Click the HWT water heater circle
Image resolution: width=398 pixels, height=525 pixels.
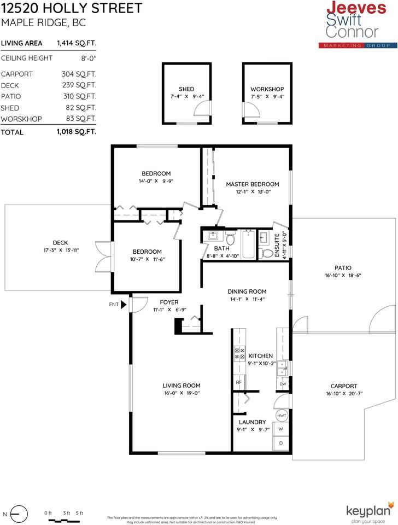click(x=282, y=416)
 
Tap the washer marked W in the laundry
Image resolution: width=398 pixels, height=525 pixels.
click(x=282, y=429)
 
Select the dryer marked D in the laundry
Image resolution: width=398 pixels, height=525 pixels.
click(x=282, y=443)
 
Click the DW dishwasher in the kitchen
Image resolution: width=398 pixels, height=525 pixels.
click(x=283, y=384)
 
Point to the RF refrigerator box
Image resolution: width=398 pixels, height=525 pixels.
click(x=239, y=382)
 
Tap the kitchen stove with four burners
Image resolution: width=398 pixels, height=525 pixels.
click(x=239, y=353)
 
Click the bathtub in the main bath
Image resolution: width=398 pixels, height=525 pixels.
click(x=248, y=244)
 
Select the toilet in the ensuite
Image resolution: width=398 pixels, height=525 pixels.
click(x=267, y=253)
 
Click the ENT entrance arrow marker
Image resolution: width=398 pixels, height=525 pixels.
click(x=124, y=304)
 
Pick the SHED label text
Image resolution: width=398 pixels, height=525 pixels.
click(x=186, y=89)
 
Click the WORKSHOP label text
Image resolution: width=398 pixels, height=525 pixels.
click(x=267, y=89)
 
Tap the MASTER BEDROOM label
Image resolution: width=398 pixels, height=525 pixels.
click(x=253, y=184)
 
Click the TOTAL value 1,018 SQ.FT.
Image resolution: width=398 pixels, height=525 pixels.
click(x=77, y=132)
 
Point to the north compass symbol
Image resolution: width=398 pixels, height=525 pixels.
click(x=19, y=514)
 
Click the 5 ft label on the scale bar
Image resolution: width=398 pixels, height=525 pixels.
click(x=79, y=512)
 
